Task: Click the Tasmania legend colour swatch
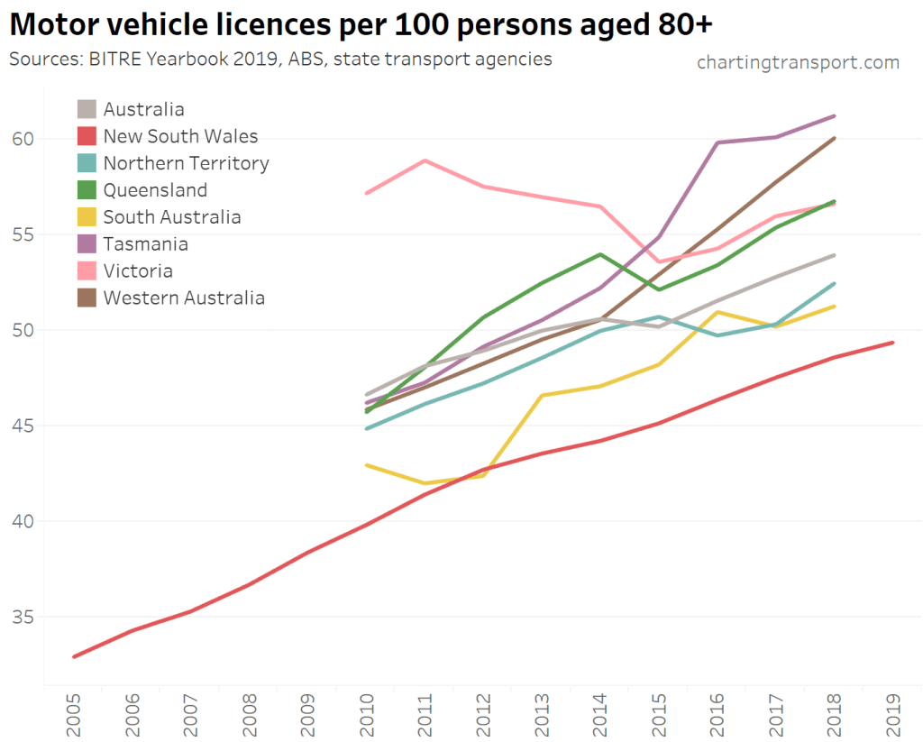(87, 244)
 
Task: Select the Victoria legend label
(138, 271)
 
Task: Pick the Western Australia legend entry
(184, 298)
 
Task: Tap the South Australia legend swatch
(87, 217)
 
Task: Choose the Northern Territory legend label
(186, 163)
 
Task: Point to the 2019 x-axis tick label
(893, 718)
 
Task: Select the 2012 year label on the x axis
(484, 718)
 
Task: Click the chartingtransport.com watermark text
(798, 62)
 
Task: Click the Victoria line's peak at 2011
(425, 160)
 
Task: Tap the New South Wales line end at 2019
(892, 343)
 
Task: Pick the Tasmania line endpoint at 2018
(835, 116)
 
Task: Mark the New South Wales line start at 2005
(74, 656)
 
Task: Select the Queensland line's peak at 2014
(601, 254)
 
